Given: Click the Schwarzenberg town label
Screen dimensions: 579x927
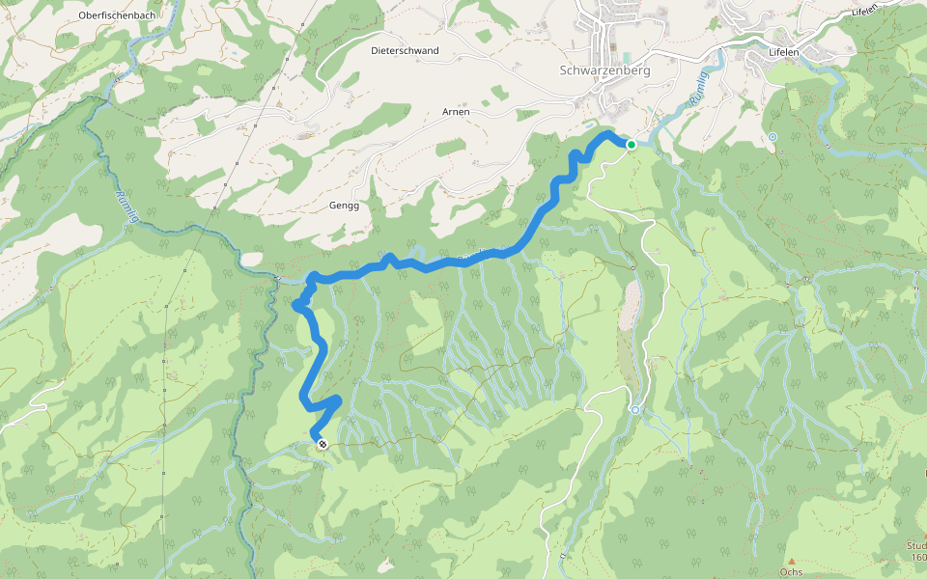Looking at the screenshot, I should click(604, 70).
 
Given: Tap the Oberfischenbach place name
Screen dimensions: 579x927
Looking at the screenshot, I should click(117, 15).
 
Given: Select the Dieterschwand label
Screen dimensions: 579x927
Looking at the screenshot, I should click(405, 50).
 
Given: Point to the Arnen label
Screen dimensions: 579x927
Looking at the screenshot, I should click(456, 112).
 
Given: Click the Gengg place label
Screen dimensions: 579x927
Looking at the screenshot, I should click(344, 207).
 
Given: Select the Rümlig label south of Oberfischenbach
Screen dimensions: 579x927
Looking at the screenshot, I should click(126, 206).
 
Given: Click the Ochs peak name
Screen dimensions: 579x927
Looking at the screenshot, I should click(791, 572).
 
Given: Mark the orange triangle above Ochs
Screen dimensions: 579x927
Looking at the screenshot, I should click(791, 561).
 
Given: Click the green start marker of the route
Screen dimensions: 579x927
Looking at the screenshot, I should click(631, 145).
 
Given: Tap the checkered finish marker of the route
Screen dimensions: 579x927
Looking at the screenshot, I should click(322, 444).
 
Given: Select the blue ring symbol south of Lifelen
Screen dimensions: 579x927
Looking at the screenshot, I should click(773, 137).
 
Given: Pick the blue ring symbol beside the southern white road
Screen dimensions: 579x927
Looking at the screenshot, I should click(635, 410).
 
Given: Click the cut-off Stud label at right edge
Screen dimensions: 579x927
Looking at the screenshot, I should click(916, 545).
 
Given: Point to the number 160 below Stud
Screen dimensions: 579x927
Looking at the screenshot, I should click(917, 557).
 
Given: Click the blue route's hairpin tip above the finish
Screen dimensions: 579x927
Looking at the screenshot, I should click(338, 400).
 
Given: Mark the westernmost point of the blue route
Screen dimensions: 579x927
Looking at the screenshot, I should click(295, 306).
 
